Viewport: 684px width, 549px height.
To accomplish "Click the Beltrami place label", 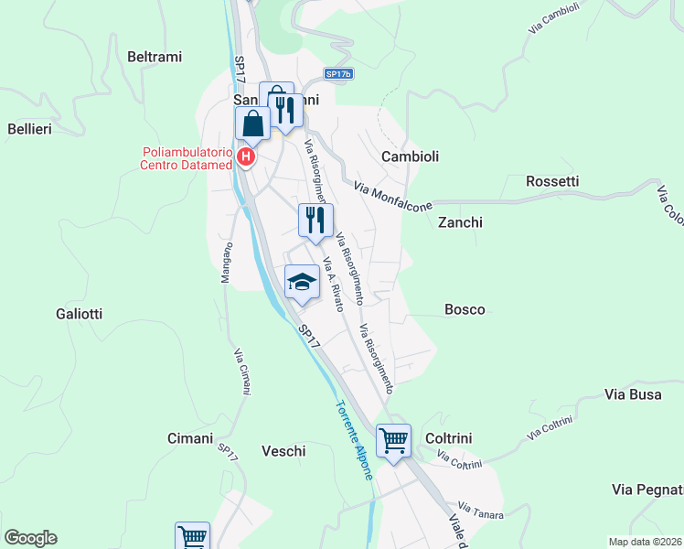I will [155, 57].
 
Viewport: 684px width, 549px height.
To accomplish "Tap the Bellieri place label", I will [29, 129].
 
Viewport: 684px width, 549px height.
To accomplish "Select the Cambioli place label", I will [410, 156].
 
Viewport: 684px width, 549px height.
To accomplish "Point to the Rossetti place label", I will [552, 181].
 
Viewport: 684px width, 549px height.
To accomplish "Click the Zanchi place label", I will [460, 222].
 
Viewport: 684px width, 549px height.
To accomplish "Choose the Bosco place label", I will [465, 309].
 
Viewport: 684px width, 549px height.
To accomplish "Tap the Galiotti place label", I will [78, 314].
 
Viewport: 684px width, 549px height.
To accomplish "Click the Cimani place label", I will [190, 438].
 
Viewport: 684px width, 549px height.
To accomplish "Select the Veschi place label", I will [283, 450].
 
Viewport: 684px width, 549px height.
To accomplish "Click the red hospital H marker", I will [245, 157].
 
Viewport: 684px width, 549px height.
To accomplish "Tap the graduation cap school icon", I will [302, 282].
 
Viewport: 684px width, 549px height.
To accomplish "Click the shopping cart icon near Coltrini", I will [393, 440].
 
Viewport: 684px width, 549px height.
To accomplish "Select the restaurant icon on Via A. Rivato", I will [315, 220].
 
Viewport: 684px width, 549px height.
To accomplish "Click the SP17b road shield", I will [337, 74].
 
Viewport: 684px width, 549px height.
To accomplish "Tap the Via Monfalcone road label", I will [392, 197].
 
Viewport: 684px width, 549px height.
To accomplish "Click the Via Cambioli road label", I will [554, 19].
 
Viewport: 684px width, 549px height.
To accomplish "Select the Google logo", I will [30, 538].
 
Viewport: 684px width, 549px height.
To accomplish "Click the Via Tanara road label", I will [481, 510].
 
